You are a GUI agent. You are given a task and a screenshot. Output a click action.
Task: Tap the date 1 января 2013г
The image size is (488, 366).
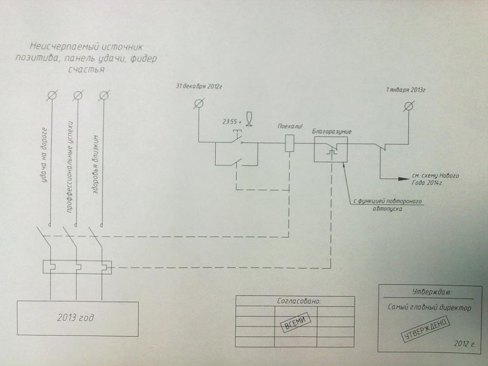[x=406, y=91]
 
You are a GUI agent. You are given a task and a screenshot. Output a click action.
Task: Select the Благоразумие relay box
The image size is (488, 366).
[x=331, y=148]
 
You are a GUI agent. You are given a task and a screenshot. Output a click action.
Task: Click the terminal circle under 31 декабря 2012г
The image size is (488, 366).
[x=198, y=103]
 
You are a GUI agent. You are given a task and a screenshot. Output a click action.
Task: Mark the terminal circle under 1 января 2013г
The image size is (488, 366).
[x=409, y=106]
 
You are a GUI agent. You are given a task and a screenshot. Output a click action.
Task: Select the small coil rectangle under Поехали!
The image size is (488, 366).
[x=289, y=142]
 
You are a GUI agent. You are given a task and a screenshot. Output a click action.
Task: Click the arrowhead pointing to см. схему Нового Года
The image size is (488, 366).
[x=404, y=179]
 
